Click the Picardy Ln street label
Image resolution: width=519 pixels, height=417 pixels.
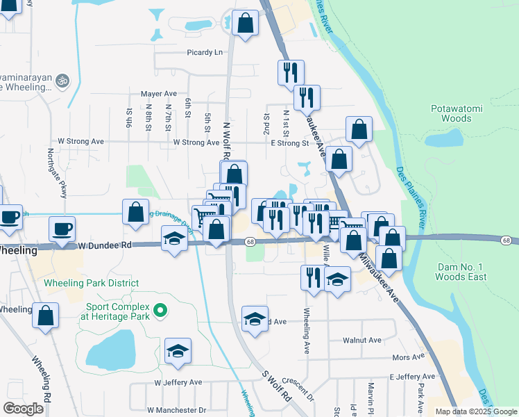tap(205, 52)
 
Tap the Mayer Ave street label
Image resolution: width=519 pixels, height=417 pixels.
tap(159, 94)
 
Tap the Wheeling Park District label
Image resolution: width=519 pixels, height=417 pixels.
tap(91, 284)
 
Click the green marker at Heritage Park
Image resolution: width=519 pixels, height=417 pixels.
tap(160, 311)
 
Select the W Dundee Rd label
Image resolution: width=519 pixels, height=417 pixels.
tap(104, 245)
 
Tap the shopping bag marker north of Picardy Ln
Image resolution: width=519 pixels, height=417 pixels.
tap(245, 23)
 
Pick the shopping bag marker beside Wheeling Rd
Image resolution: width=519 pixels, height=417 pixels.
tap(45, 316)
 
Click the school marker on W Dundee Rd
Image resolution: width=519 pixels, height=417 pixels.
tap(174, 240)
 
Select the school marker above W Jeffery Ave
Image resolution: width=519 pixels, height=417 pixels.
tap(178, 351)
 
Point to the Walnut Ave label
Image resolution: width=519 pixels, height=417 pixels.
tap(362, 341)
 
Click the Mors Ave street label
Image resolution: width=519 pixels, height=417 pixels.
tap(408, 357)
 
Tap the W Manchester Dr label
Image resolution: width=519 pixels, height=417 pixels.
tap(177, 411)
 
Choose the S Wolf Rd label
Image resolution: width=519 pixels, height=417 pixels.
tap(276, 387)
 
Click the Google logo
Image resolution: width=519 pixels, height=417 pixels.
tap(24, 409)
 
